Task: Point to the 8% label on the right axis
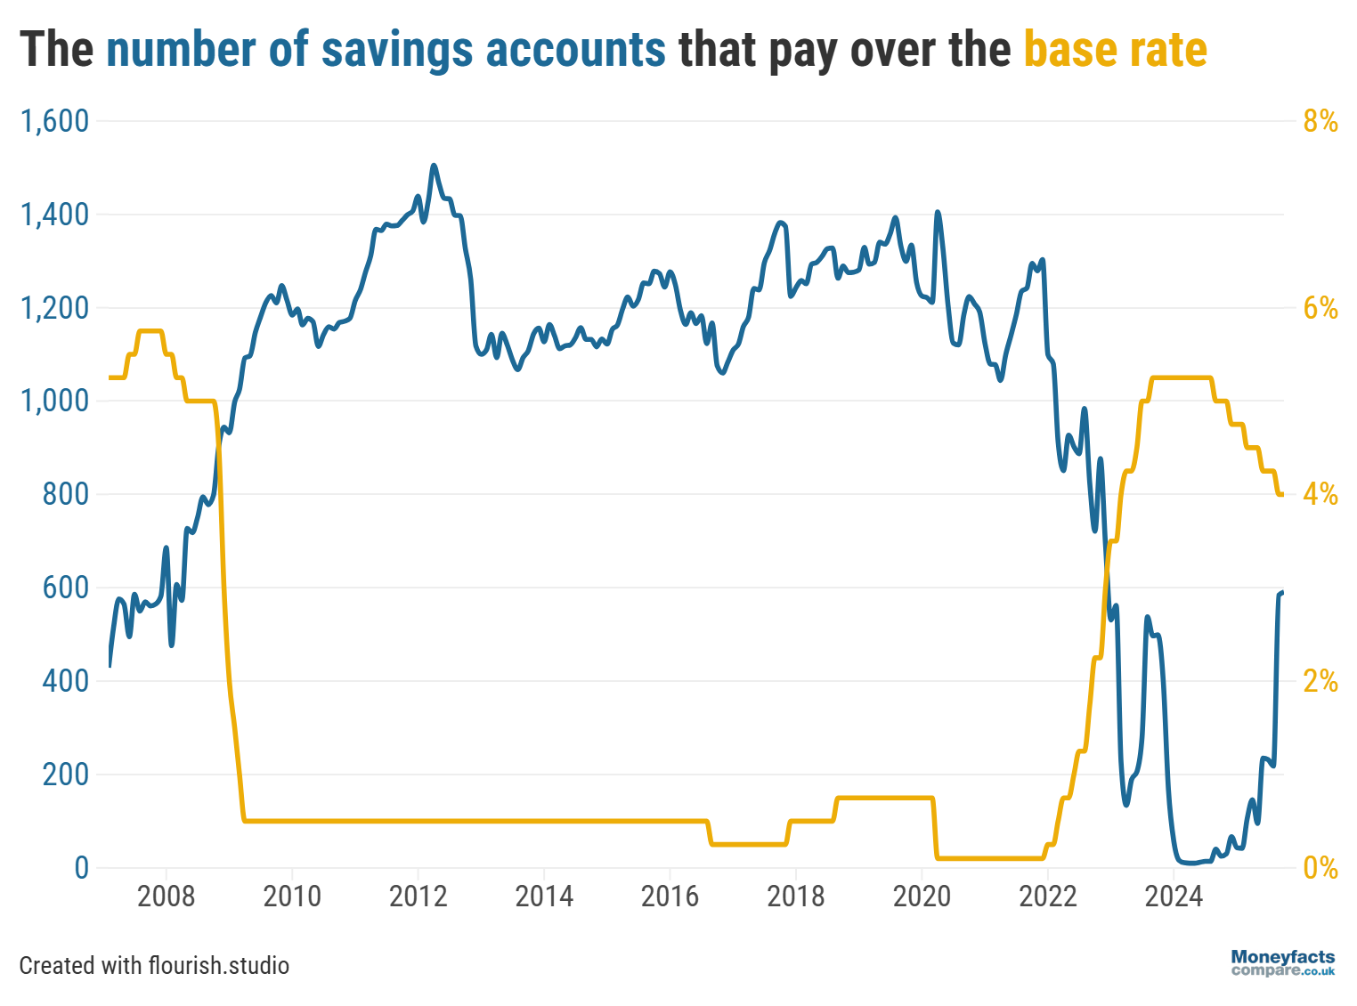[1320, 121]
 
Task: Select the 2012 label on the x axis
[418, 896]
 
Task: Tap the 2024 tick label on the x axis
[1174, 896]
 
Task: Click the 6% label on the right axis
[1320, 308]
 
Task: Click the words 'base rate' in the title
[1115, 50]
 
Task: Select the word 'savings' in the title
[396, 50]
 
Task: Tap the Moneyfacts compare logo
[1283, 962]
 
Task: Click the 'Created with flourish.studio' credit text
[154, 965]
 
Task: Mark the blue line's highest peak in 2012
[434, 166]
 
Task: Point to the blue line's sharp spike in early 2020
[938, 212]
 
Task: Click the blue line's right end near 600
[1282, 592]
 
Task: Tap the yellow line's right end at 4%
[1281, 494]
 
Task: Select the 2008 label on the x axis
[166, 896]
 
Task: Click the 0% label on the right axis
[1320, 868]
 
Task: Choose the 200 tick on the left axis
[66, 775]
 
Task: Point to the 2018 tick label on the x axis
[796, 896]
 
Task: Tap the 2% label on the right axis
[1320, 681]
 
